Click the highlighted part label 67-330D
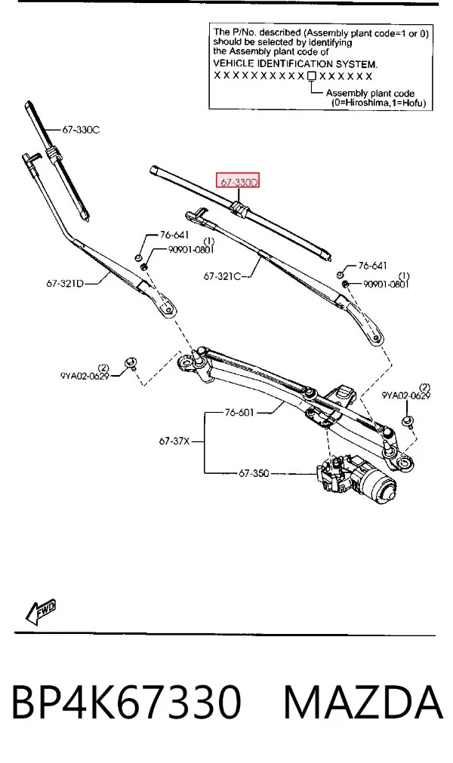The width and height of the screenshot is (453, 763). [x=239, y=182]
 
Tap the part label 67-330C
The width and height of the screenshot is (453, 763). [x=81, y=130]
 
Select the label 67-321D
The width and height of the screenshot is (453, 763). [x=65, y=283]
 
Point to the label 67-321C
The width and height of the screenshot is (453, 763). [x=222, y=276]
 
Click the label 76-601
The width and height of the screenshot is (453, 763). [x=239, y=413]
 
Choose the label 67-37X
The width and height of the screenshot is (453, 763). [x=174, y=441]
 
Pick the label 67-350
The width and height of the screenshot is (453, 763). [x=254, y=473]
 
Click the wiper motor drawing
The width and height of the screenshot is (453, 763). [x=357, y=478]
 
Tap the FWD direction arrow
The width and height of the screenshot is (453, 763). [x=41, y=611]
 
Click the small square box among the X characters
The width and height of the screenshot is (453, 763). [x=312, y=76]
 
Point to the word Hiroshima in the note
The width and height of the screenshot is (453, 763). [x=363, y=103]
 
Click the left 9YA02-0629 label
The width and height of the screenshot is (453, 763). [x=85, y=376]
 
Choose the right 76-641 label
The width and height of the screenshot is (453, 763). [x=373, y=266]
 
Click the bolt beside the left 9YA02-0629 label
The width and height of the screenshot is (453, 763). [x=131, y=363]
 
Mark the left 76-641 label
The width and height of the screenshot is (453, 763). [x=174, y=235]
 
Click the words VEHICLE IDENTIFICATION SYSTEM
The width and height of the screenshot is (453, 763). [x=295, y=63]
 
